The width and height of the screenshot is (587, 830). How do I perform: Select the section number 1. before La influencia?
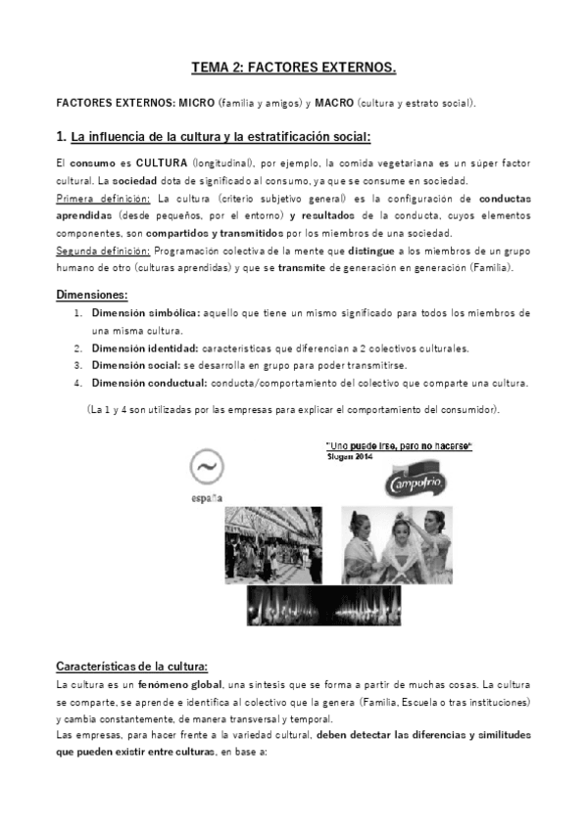pos(61,135)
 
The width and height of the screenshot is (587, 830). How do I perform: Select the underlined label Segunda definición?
pos(97,252)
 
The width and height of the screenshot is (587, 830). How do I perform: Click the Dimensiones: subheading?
pos(92,294)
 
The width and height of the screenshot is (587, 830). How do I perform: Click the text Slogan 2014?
pos(354,456)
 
